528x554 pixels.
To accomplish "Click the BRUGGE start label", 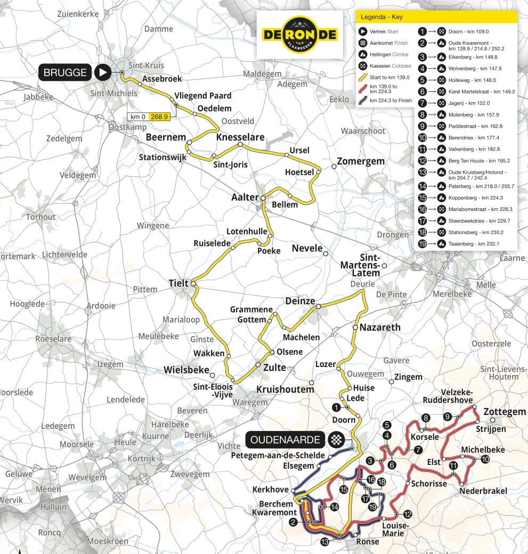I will tap(64, 73).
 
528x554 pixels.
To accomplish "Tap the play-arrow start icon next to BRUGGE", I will tap(102, 73).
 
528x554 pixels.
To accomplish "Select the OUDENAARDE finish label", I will tap(286, 440).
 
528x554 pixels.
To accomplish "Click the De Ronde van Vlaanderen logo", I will tap(300, 34).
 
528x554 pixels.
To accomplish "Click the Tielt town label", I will tap(178, 283).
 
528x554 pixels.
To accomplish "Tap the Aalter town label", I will tap(244, 197).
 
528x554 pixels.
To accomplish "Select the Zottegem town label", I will tap(504, 412).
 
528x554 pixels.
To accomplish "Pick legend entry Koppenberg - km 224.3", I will tap(469, 198).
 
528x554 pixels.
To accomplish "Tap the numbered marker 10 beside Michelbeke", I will tap(485, 459).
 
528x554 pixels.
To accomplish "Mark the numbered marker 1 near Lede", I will tap(336, 407).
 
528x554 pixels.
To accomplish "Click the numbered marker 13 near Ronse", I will tap(324, 542).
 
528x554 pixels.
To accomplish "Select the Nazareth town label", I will tap(379, 327).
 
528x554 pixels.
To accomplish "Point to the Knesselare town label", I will tap(240, 137).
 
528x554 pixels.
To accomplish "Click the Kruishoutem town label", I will tap(286, 389).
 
